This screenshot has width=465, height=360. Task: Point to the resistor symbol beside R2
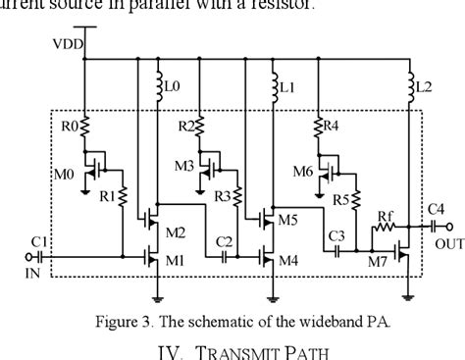pyautogui.click(x=200, y=127)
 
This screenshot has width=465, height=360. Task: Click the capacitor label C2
pyautogui.click(x=225, y=240)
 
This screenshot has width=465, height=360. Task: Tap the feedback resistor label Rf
pyautogui.click(x=387, y=215)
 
